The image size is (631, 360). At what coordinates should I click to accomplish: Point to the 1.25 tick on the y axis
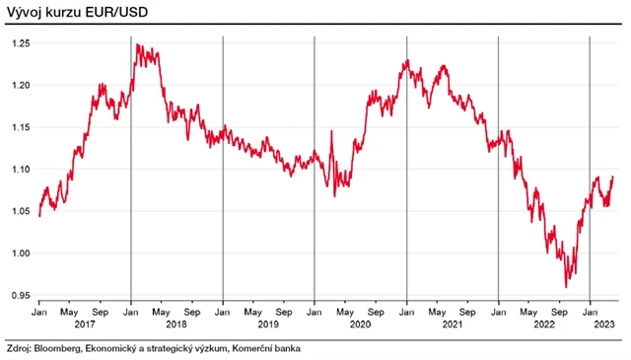tap(21, 43)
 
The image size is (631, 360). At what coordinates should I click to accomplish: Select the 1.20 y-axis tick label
tap(21, 86)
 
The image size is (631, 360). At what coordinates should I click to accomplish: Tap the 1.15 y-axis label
tap(21, 128)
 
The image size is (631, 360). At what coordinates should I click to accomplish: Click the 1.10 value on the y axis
tap(21, 170)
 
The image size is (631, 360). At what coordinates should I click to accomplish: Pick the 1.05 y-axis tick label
tap(21, 212)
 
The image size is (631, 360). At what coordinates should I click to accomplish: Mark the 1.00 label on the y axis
tap(21, 253)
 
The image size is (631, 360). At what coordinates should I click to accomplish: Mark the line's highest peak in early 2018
tap(137, 44)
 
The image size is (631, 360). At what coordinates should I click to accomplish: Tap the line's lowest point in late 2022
tap(566, 287)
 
